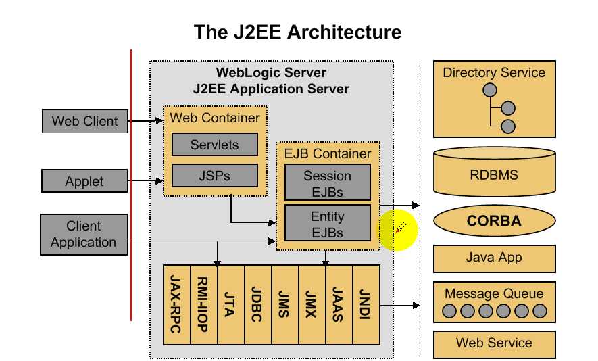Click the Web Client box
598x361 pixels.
tap(84, 122)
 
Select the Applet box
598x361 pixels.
tap(84, 181)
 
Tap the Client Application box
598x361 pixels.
tap(84, 234)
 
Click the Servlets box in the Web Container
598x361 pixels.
tap(214, 145)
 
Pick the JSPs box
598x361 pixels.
tap(214, 176)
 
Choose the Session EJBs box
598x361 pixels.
tap(327, 183)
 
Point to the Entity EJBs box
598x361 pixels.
tap(327, 224)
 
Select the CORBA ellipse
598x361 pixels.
tap(494, 220)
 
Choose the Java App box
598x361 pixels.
tap(494, 258)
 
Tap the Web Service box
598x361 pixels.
tap(494, 343)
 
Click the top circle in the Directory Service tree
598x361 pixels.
tap(490, 91)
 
